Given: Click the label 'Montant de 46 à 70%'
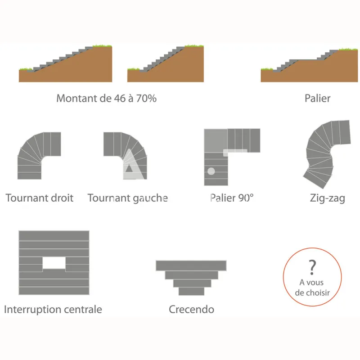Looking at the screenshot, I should (x=106, y=99).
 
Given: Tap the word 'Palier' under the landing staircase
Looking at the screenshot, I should (x=317, y=99).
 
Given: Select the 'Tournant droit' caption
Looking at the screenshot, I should (x=40, y=198).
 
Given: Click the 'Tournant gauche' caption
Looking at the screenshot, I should (x=128, y=198).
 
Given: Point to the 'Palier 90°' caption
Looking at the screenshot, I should (x=232, y=198).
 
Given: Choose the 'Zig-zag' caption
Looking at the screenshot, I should (x=328, y=198).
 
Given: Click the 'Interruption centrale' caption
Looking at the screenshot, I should (x=53, y=310).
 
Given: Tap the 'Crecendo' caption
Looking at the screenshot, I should (x=191, y=310).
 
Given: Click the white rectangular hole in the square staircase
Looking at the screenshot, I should (x=54, y=264).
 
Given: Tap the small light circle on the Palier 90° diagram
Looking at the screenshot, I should (x=211, y=171).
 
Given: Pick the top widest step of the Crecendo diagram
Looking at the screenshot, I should (x=191, y=265).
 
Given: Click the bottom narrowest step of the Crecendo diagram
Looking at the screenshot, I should (x=191, y=291).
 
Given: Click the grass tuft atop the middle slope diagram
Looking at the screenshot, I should (x=194, y=46).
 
